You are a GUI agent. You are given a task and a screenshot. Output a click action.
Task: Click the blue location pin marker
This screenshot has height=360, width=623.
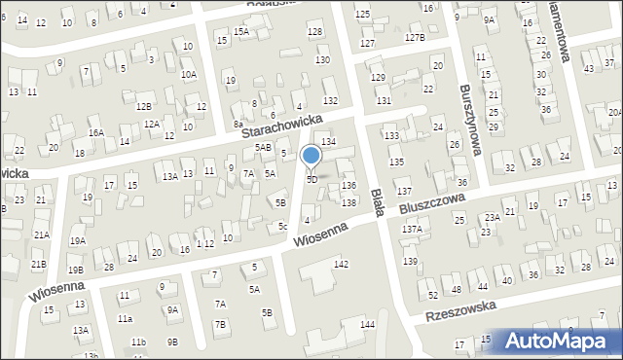coord(311,156)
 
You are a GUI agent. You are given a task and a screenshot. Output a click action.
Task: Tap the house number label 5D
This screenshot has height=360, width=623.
coord(311,180)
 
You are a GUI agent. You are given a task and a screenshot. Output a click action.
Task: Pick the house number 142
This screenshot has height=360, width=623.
coord(341,265)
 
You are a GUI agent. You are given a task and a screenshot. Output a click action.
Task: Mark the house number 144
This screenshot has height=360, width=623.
coord(367,324)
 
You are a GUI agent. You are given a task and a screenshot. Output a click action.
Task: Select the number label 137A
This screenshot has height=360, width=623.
coord(413,230)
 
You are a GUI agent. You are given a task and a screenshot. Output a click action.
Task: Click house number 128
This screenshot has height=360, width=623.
coord(314,32)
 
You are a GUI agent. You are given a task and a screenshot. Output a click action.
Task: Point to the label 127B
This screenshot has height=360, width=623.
coord(415,37)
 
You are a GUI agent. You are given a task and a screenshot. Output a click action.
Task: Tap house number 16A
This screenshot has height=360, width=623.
coord(95,132)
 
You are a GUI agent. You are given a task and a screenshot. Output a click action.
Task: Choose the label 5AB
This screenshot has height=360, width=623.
coord(263,147)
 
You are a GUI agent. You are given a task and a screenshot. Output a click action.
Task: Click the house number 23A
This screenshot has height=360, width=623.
coord(493,217)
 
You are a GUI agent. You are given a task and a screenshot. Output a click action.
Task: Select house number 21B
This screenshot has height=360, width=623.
coord(38,264)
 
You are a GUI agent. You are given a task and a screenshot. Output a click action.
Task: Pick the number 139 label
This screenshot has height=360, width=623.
coord(411,262)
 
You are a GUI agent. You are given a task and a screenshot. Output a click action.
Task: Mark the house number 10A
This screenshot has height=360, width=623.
coord(188,74)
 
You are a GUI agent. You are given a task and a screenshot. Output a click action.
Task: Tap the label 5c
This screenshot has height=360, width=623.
coord(282,227)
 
